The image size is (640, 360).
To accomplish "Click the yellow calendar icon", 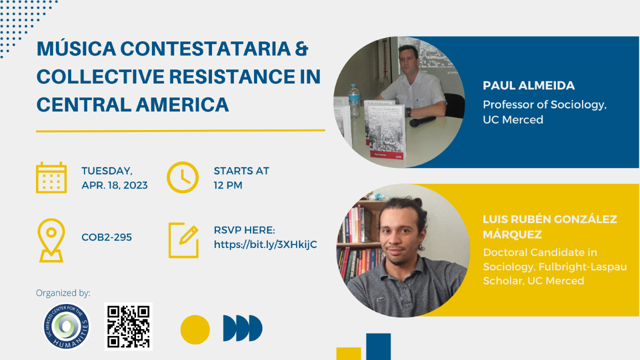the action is (51, 177).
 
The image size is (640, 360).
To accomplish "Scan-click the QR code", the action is (128, 326).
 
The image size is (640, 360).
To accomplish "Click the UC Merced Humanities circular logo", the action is (67, 326).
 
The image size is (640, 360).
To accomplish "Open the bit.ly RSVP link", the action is (265, 244).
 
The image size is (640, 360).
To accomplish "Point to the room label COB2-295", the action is (106, 237).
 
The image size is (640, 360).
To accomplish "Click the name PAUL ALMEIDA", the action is (529, 85).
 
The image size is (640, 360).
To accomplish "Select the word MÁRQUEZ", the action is (512, 234).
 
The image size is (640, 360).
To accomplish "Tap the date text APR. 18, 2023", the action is (114, 185).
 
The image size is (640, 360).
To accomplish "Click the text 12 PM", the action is (228, 185).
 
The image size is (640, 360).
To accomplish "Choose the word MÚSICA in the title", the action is (76, 48).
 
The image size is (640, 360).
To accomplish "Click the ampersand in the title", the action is (301, 48).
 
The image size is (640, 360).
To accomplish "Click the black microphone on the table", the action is (422, 121).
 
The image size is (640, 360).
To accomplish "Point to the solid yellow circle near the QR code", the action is (195, 329).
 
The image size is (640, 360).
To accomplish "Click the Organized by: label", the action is (63, 293).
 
